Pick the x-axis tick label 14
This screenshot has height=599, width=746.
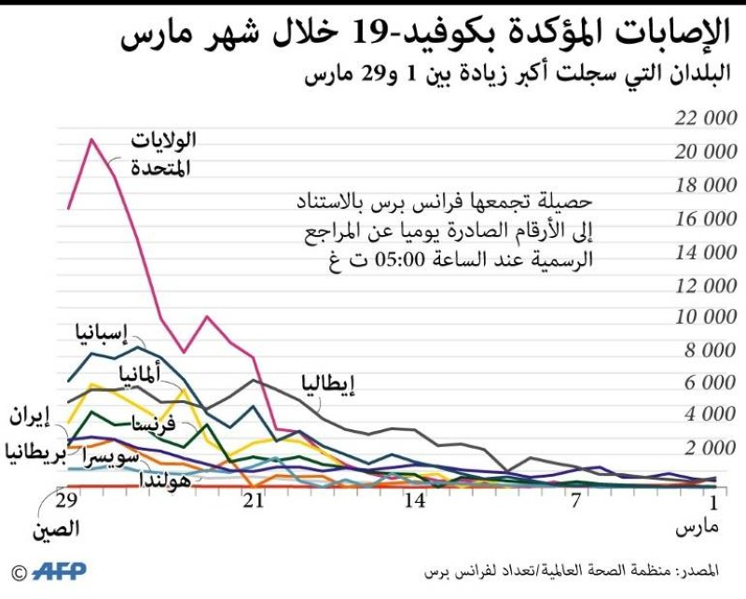pyautogui.click(x=415, y=502)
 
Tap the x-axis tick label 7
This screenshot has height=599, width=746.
pyautogui.click(x=576, y=502)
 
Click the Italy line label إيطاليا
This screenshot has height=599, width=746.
pyautogui.click(x=327, y=383)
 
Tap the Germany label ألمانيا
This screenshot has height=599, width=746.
pyautogui.click(x=138, y=375)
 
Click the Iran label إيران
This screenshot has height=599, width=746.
pyautogui.click(x=28, y=416)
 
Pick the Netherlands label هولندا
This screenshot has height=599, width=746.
pyautogui.click(x=166, y=481)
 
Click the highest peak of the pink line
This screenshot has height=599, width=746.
pyautogui.click(x=90, y=140)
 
